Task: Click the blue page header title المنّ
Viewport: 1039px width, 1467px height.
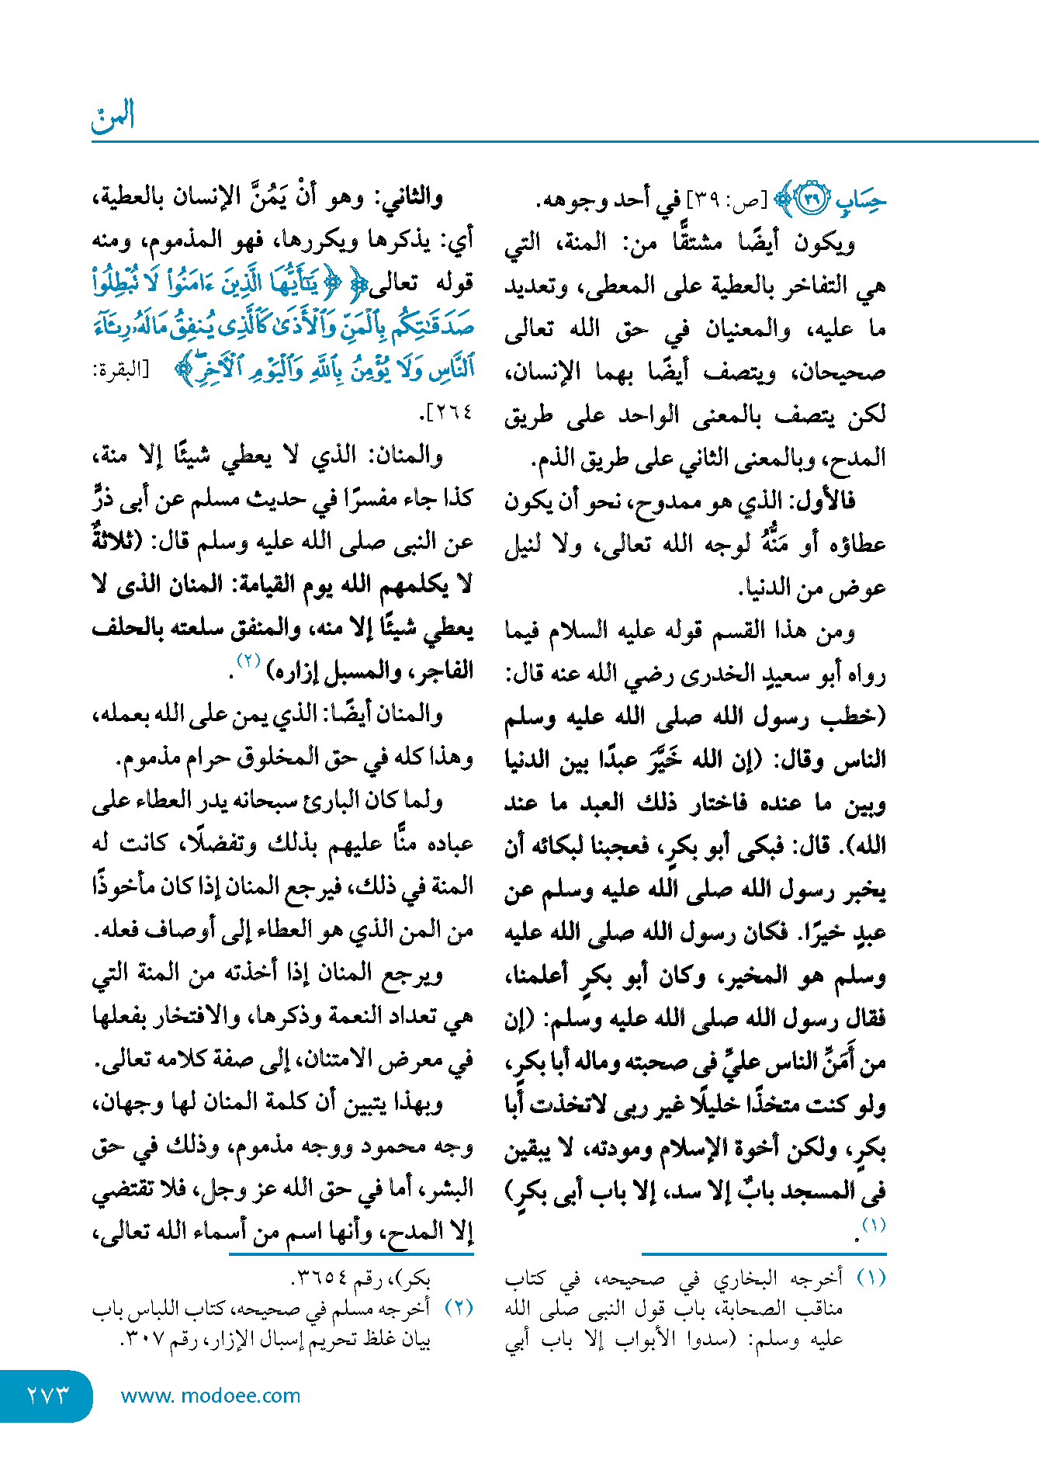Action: click(x=113, y=116)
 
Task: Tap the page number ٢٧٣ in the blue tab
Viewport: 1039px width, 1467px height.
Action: click(x=47, y=1395)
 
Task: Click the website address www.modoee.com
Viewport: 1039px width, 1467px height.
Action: click(x=210, y=1396)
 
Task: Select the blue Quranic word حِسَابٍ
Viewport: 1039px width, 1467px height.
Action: click(x=861, y=200)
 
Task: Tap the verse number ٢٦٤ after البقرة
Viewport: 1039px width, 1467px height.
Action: click(x=451, y=412)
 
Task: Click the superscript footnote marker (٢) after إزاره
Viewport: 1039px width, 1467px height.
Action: click(x=248, y=661)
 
